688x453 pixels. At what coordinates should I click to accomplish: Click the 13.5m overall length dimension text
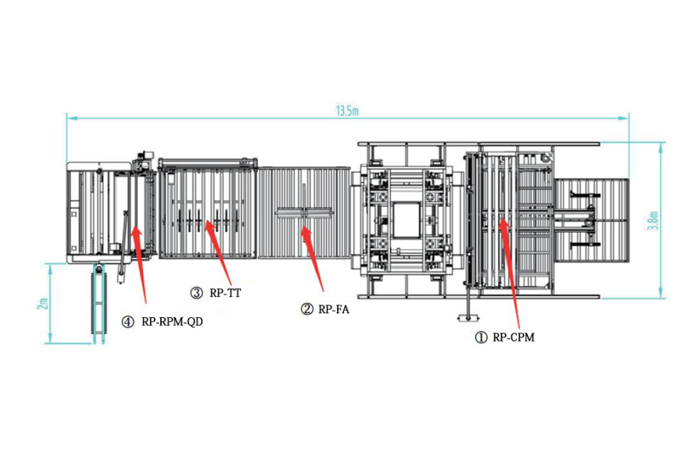(346, 110)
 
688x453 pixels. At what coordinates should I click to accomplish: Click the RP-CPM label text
(513, 338)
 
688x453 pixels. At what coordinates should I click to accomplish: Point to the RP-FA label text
(334, 309)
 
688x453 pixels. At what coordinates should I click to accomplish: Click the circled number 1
(482, 338)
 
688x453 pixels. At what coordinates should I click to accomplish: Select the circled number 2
(307, 309)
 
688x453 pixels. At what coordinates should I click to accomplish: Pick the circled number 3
(197, 293)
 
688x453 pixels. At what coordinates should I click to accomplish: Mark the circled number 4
(127, 321)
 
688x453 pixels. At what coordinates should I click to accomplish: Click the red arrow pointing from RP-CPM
(508, 273)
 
